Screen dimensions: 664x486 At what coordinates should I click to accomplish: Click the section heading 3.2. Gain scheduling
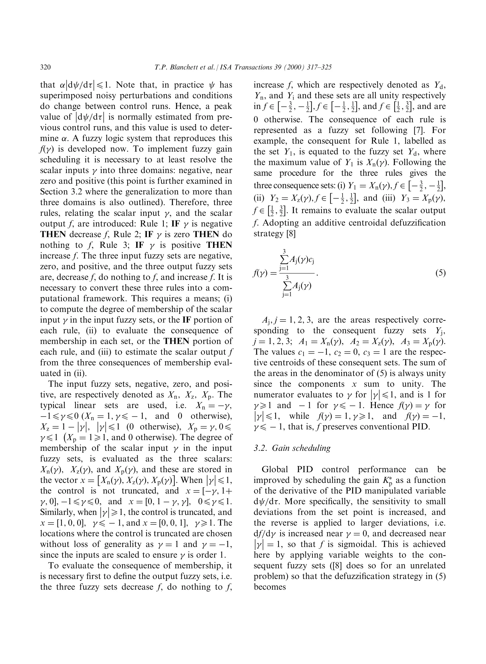tap(292, 448)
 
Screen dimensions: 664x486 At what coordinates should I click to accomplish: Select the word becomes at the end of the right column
tap(270, 587)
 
